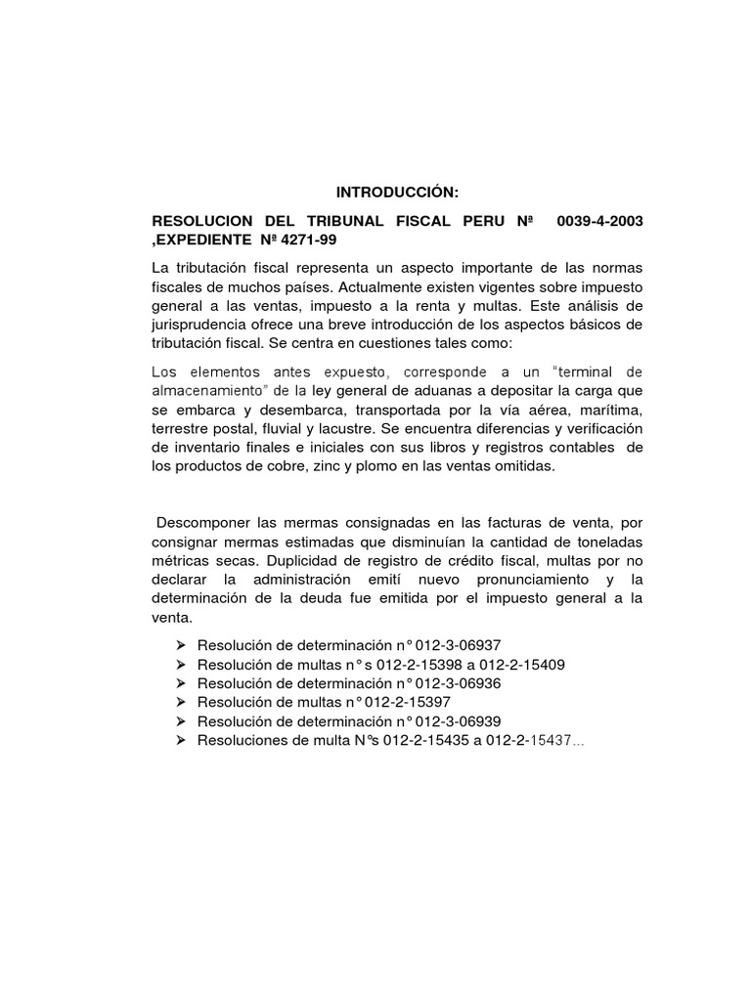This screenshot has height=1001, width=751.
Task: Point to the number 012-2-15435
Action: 434,740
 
